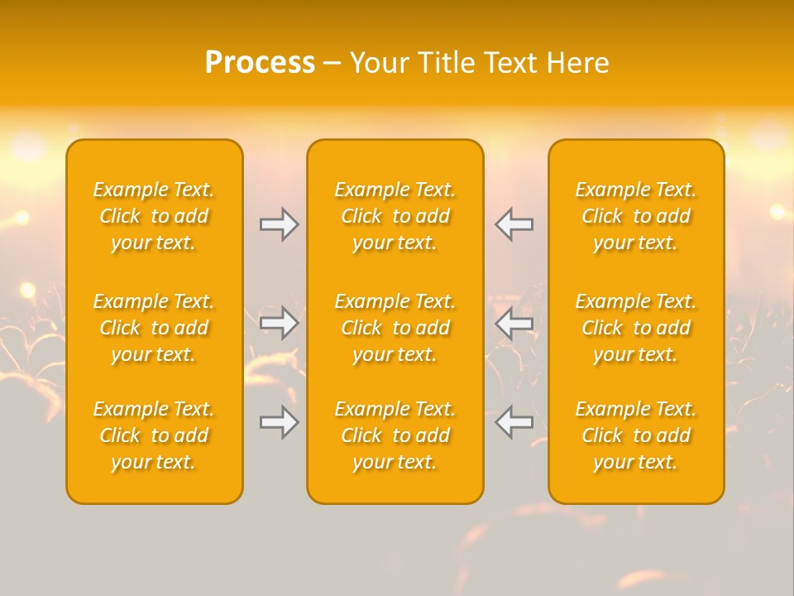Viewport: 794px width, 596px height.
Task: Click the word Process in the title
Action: pos(260,63)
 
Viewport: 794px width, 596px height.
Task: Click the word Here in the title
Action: pos(577,63)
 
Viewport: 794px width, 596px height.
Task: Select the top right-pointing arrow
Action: pos(280,224)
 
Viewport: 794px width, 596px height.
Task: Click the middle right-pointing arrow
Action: pos(280,323)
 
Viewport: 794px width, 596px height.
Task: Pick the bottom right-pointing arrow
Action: pos(280,422)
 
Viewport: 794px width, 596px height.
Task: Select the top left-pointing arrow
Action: pos(514,224)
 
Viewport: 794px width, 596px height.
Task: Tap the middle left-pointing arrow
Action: pos(514,323)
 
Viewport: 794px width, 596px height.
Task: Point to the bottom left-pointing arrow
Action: pos(514,422)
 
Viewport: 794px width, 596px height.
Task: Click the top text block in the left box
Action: pos(154,216)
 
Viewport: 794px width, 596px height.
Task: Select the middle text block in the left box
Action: pos(154,328)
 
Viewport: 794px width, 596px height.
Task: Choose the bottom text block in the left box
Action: pos(154,435)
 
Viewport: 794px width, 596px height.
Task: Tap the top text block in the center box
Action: pos(395,216)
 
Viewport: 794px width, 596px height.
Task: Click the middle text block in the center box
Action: pos(395,328)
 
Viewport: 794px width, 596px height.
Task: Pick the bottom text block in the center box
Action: pos(395,435)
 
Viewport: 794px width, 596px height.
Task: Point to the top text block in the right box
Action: pos(636,216)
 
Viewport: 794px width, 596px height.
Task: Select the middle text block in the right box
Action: pos(636,328)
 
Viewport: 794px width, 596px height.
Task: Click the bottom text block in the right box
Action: pos(636,435)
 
